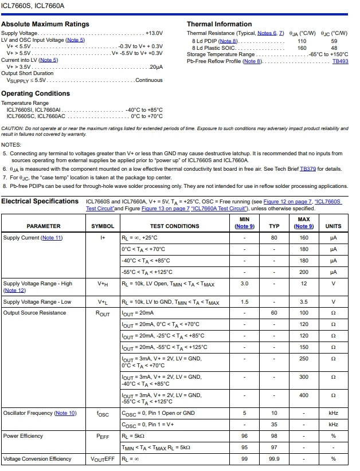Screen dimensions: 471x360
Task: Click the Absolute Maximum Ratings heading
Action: (45, 24)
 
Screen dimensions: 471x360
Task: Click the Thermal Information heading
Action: (219, 24)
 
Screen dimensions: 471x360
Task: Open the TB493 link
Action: (340, 61)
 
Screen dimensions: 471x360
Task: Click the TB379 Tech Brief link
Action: (308, 170)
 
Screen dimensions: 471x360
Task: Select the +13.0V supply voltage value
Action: (154, 33)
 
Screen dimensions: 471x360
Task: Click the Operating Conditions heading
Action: (36, 93)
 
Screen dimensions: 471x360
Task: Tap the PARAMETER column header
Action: (44, 226)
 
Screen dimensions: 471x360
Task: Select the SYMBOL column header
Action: (103, 226)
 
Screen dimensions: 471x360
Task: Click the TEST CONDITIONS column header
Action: (175, 226)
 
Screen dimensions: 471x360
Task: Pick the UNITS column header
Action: (333, 226)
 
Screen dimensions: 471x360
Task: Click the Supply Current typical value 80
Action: (274, 238)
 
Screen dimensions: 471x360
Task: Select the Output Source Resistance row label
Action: (34, 313)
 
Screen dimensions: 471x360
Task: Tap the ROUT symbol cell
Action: (103, 313)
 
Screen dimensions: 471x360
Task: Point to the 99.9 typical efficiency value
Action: (274, 459)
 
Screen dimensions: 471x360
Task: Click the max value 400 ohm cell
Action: (303, 395)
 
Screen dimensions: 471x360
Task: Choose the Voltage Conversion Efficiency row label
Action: (37, 459)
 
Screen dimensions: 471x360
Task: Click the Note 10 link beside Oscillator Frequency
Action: (65, 413)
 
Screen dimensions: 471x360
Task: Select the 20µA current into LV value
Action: (156, 67)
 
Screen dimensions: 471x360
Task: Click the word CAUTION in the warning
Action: (13, 129)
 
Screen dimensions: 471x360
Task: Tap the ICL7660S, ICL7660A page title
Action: (32, 5)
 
